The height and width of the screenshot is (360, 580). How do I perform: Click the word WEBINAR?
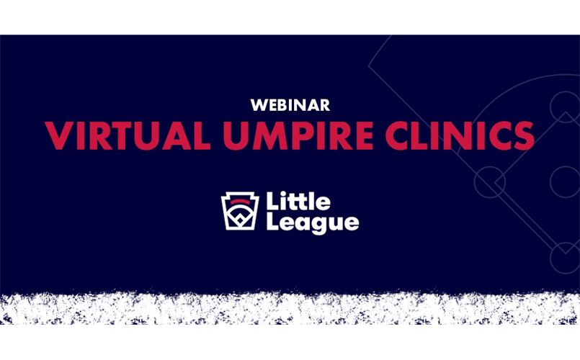(x=290, y=105)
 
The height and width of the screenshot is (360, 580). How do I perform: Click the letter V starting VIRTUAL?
(x=58, y=135)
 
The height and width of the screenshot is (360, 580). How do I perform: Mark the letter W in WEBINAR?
(x=257, y=105)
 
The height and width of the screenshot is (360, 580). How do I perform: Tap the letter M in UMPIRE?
(x=271, y=135)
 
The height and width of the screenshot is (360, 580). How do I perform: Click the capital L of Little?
(x=272, y=201)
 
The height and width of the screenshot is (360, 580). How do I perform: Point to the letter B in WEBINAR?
(x=280, y=105)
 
